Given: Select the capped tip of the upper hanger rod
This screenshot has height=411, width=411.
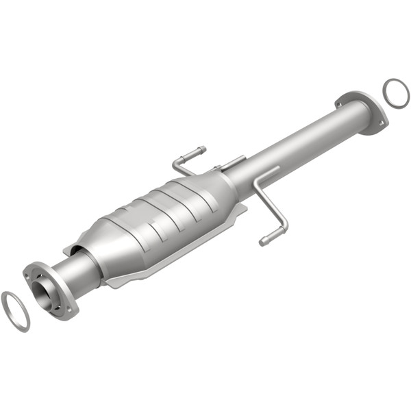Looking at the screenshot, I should (x=201, y=149).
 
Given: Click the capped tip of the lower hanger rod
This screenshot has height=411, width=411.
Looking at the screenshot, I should (x=263, y=241).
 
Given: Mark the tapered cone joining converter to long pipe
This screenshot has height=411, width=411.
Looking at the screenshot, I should (x=223, y=188).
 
